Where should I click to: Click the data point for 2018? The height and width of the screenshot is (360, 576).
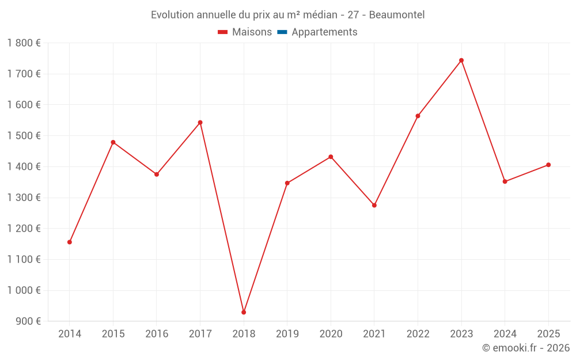[x=244, y=312]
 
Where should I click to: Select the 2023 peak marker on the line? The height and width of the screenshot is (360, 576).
[x=461, y=60]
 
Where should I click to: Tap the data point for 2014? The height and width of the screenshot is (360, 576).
[x=70, y=242]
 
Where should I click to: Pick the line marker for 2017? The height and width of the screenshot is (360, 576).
[x=200, y=123]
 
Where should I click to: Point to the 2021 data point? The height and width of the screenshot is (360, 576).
[x=374, y=205]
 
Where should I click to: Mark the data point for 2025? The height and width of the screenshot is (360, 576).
[x=548, y=165]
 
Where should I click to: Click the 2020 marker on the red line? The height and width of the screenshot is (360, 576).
[x=331, y=157]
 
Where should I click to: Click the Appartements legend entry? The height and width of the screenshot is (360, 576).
[x=324, y=32]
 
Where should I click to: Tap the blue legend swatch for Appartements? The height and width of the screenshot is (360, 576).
[x=282, y=32]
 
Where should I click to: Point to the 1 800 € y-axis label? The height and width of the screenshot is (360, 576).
[x=24, y=43]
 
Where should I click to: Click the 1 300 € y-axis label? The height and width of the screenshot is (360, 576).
[x=24, y=198]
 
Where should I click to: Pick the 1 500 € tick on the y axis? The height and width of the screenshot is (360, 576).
[x=24, y=136]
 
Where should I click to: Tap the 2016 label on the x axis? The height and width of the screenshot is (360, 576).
[x=157, y=334]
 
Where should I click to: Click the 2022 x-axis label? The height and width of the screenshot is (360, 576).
[x=418, y=334]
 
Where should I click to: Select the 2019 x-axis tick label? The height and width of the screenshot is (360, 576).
[x=287, y=334]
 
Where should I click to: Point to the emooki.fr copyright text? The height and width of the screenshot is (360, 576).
[x=526, y=348]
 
